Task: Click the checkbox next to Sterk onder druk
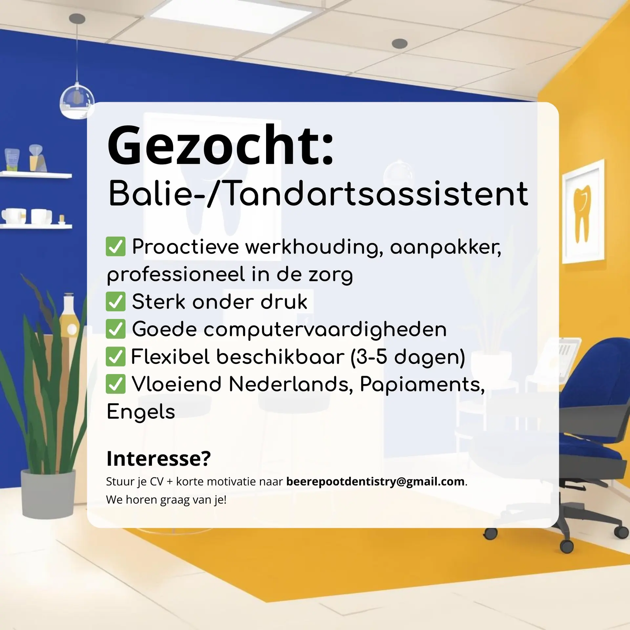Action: coord(115,302)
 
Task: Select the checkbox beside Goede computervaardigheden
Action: coord(115,329)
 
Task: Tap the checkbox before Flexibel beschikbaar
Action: coord(115,356)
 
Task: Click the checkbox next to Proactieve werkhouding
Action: coord(115,246)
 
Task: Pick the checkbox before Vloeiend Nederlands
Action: coord(115,384)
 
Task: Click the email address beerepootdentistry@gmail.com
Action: coord(375,482)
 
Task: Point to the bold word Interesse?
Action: coord(158,458)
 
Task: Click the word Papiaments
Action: coord(422,384)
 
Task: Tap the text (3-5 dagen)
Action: coord(408,357)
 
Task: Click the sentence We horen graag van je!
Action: coord(166,500)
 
